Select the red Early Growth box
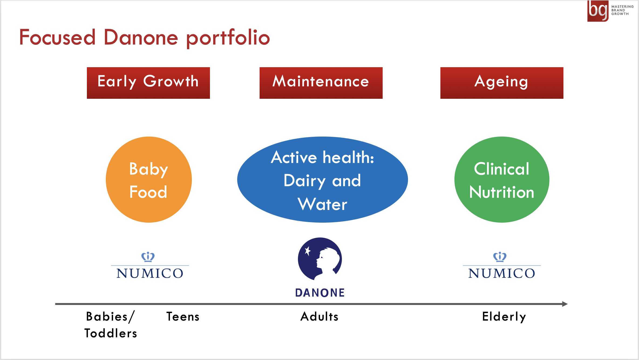click(148, 83)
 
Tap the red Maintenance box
click(321, 83)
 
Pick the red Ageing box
click(502, 83)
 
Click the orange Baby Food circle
click(149, 179)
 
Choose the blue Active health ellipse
click(322, 179)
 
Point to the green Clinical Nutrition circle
click(502, 179)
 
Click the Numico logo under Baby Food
click(150, 265)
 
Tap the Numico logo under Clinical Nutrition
click(502, 265)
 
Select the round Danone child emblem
click(320, 259)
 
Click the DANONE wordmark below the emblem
click(320, 293)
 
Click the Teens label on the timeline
click(183, 317)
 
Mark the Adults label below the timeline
click(319, 317)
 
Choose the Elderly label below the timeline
click(504, 317)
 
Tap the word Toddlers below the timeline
click(111, 333)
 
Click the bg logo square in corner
click(598, 11)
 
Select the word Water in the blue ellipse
click(322, 204)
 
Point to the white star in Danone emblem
click(307, 251)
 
